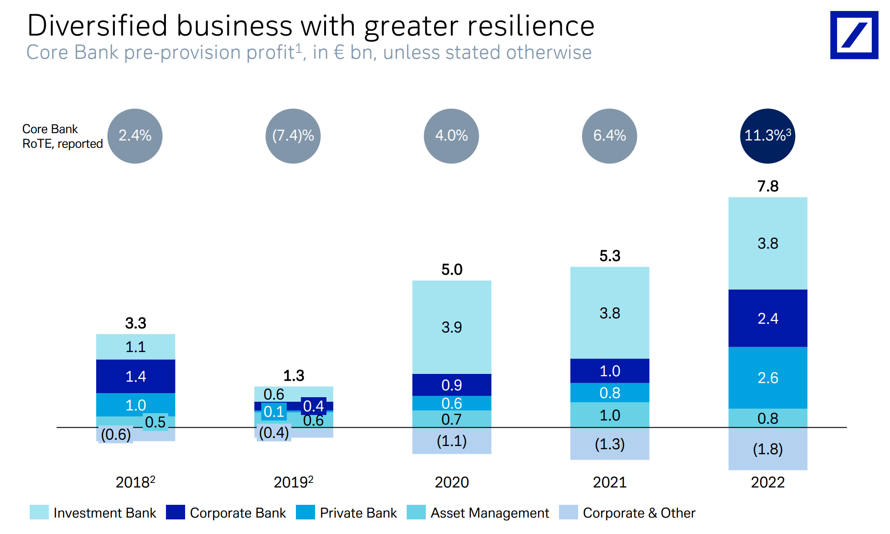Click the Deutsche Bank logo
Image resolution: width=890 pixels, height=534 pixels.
[854, 35]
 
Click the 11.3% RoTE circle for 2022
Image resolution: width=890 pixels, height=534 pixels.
[767, 136]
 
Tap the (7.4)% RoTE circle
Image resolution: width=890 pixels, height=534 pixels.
[293, 136]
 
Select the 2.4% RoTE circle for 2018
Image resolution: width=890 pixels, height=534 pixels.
[135, 136]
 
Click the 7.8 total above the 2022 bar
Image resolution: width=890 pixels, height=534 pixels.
[768, 186]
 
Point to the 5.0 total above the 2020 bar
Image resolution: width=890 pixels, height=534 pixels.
[451, 270]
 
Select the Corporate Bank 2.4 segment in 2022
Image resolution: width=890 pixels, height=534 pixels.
[768, 318]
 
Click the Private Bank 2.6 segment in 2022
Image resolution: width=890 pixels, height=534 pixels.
[768, 378]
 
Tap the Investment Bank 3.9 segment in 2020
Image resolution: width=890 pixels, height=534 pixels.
[451, 327]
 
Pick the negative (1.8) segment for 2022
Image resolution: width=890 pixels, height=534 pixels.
[768, 449]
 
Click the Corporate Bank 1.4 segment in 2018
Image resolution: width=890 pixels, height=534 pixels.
[135, 376]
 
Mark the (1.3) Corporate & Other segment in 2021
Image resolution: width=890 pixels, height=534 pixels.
[610, 444]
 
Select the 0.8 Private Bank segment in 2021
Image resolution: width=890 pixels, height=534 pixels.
[610, 393]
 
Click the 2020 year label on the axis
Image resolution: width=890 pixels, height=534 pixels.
[451, 482]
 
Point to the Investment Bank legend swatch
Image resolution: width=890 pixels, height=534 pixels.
[39, 513]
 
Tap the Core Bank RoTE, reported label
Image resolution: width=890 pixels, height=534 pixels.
[62, 136]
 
